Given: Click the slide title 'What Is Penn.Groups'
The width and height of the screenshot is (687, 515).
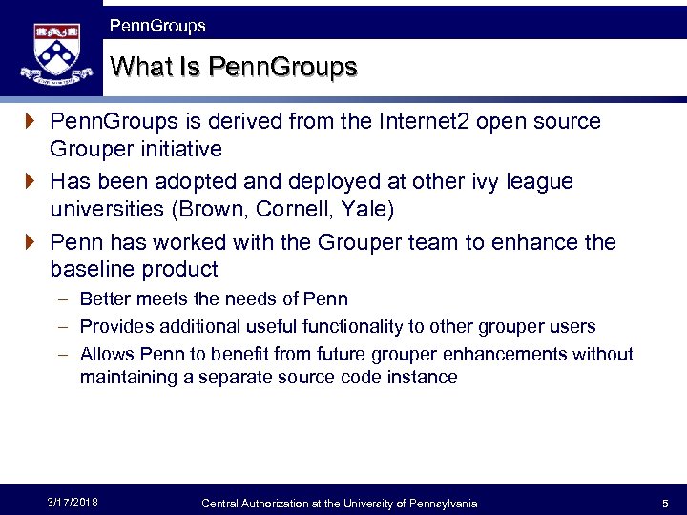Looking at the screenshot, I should [234, 67].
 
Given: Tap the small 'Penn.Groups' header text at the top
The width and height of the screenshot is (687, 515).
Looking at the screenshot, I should [157, 26].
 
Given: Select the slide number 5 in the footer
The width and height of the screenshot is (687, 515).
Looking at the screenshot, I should [665, 503].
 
